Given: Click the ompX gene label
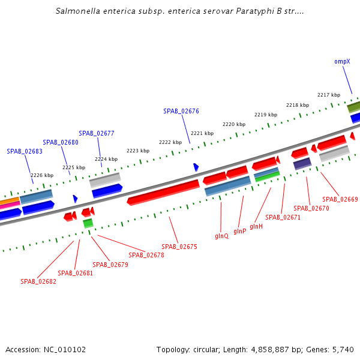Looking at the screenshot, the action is [342, 61].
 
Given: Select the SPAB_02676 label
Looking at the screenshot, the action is [181, 111].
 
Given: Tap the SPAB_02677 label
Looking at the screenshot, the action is [96, 133].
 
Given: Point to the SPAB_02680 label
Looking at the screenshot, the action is [61, 142].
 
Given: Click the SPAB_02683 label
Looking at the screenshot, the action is [25, 151].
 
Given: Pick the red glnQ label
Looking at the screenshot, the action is [221, 236].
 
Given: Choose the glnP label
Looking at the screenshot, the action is [239, 231].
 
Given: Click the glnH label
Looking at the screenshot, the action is [256, 226].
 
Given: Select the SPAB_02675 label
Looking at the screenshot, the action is [179, 247].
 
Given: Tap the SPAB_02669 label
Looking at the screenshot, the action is [340, 199].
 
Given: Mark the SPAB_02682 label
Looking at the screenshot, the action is [38, 281].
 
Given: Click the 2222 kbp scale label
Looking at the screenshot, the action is [170, 142].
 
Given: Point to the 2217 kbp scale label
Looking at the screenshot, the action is [328, 95].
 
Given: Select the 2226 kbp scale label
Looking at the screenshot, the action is [42, 175].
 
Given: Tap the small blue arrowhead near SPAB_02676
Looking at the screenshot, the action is [196, 167].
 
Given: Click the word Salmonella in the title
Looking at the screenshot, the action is [77, 11].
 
